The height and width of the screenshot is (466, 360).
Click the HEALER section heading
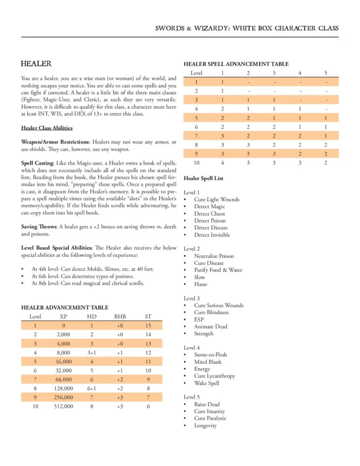pos(37,64)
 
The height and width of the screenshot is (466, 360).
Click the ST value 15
pos(148,325)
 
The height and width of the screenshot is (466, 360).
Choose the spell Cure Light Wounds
pos(217,199)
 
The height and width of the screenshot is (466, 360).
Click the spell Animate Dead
pos(210,326)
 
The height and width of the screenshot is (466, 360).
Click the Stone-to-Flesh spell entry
pos(210,355)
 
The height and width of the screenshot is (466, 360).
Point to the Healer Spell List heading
pos(203,179)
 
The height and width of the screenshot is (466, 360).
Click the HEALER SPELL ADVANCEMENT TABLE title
pos(236,64)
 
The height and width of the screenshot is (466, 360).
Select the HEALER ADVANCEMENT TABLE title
pos(65,308)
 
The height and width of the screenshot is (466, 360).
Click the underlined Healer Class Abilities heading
pos(47,128)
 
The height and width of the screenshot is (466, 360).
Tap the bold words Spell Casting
pos(37,162)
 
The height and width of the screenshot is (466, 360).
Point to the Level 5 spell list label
pos(192,397)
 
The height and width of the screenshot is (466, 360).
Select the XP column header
pos(63,316)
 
